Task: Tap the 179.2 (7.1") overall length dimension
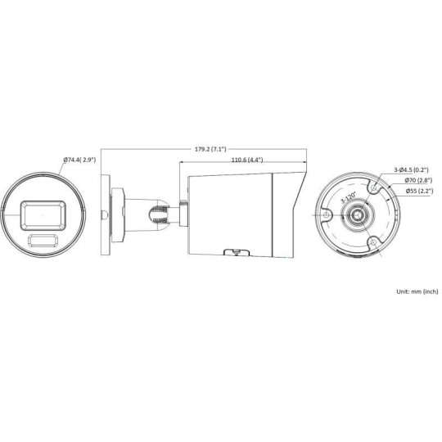(x=210, y=150)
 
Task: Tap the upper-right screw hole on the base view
(x=373, y=187)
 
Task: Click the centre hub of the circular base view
(x=357, y=214)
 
